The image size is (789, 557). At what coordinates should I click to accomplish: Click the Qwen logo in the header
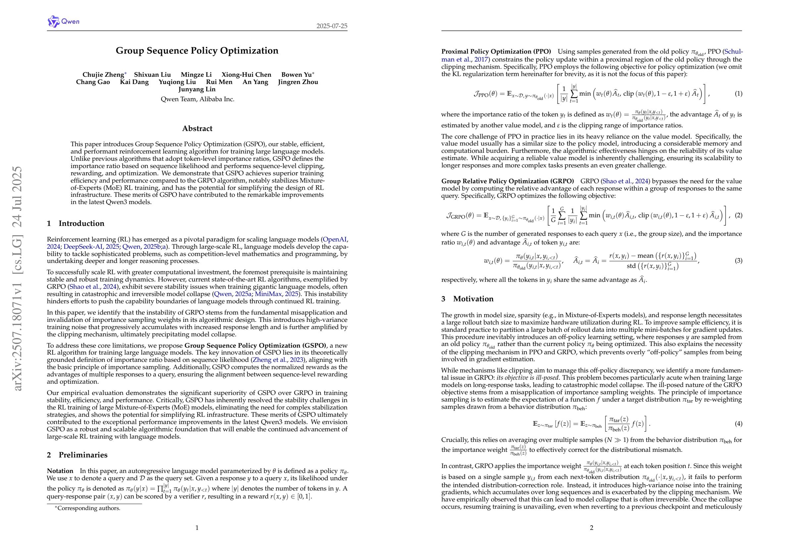click(64, 21)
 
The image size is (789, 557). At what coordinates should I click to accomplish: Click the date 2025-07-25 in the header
click(332, 26)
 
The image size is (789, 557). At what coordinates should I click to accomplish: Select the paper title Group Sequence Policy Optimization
click(197, 51)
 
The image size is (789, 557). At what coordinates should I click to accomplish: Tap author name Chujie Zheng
click(103, 75)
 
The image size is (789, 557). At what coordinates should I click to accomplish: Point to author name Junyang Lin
click(197, 90)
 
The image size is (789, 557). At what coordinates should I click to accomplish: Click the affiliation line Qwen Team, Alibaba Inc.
click(197, 100)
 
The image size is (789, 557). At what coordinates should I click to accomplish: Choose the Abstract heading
click(197, 129)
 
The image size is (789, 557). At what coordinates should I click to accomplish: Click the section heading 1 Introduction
click(76, 223)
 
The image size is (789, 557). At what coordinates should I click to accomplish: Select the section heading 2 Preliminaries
click(77, 455)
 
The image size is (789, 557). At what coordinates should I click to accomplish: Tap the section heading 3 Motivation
click(467, 299)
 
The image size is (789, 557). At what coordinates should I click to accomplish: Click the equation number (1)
click(738, 94)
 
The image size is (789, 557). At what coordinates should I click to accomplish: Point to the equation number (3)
click(738, 261)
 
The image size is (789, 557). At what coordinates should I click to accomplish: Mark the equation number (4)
click(738, 424)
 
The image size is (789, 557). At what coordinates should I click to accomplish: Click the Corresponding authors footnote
click(88, 508)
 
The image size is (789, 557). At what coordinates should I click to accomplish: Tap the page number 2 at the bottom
click(591, 528)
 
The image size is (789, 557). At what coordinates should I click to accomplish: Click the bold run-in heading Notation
click(60, 471)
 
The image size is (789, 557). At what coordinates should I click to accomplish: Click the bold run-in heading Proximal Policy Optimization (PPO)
click(496, 52)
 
